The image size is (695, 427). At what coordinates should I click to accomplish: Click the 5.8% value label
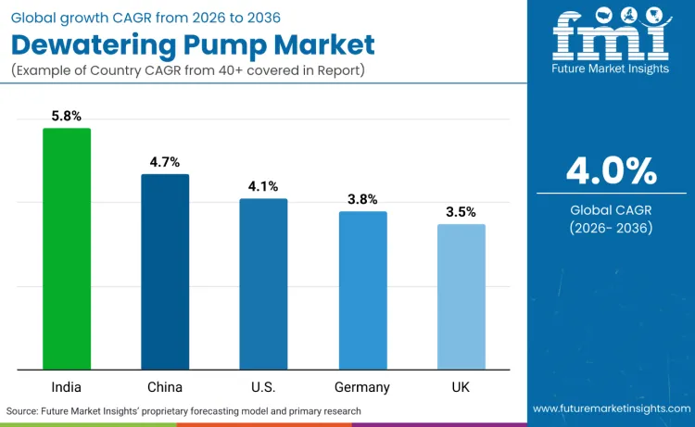pos(67,117)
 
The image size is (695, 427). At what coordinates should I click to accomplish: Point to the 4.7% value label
pos(165,162)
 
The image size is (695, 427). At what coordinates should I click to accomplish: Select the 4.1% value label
pos(263,186)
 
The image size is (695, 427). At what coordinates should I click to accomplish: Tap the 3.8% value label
pos(362,199)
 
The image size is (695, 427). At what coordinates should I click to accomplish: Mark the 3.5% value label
pos(461,212)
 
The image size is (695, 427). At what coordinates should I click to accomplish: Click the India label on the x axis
pos(67,386)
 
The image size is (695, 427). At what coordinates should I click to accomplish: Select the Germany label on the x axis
pos(362,386)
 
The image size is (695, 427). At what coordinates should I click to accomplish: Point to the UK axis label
pos(461,386)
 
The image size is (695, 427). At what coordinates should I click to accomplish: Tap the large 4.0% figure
pos(611,171)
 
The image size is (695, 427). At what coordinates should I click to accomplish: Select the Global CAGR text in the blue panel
pos(611,210)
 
